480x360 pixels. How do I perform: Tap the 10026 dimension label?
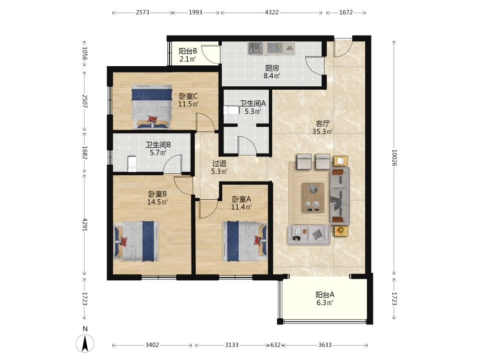tap(394, 157)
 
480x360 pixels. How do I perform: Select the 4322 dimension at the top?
tap(272, 12)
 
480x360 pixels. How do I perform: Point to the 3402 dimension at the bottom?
tap(152, 345)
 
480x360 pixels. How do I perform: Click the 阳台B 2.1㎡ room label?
tap(188, 55)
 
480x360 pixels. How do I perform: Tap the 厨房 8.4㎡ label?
tap(272, 72)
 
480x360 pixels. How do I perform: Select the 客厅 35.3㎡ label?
tap(323, 128)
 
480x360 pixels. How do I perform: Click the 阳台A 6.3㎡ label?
tap(325, 299)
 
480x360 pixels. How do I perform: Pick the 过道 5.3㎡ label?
tap(219, 167)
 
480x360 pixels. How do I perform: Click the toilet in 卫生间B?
tap(132, 164)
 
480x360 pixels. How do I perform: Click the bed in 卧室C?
tap(152, 106)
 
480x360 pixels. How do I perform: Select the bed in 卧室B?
tap(136, 241)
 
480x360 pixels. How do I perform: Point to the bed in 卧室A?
tap(245, 241)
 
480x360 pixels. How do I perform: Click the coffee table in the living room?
tap(313, 197)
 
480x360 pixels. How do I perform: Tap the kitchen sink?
tap(255, 48)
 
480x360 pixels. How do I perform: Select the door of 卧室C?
tap(205, 122)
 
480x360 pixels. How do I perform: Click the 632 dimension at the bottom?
tap(275, 345)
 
